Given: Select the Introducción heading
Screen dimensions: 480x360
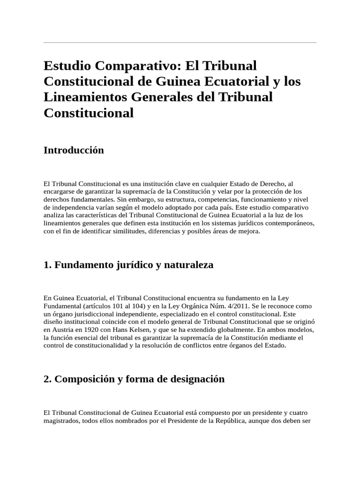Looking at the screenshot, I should coord(74,150).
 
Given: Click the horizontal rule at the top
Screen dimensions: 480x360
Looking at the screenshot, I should coord(180,43).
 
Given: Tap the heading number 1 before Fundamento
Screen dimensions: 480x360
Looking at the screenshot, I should coord(46,265).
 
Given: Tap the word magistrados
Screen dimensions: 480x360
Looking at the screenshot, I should coord(61,420).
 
